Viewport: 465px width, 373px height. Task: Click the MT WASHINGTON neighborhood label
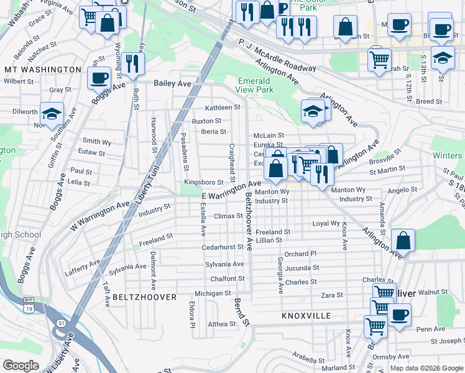click(42, 70)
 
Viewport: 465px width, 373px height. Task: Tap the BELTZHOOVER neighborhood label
click(145, 297)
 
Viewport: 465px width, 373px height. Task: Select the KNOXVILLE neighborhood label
click(306, 316)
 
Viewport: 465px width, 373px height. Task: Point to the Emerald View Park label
click(255, 85)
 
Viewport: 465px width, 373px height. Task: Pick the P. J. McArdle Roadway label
click(277, 55)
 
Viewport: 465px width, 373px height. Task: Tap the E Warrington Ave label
click(231, 190)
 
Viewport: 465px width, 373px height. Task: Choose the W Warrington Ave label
click(99, 215)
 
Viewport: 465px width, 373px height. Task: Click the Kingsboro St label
click(199, 182)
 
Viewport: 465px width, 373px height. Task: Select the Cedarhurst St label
click(223, 247)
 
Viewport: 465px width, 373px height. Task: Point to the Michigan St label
click(213, 293)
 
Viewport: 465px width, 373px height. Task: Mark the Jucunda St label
click(303, 268)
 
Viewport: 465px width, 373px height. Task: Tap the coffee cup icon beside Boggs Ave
click(98, 78)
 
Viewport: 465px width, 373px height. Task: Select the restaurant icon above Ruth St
click(132, 63)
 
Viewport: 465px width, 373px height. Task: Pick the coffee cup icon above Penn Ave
click(399, 314)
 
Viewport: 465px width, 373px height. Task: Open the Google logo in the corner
click(21, 366)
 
